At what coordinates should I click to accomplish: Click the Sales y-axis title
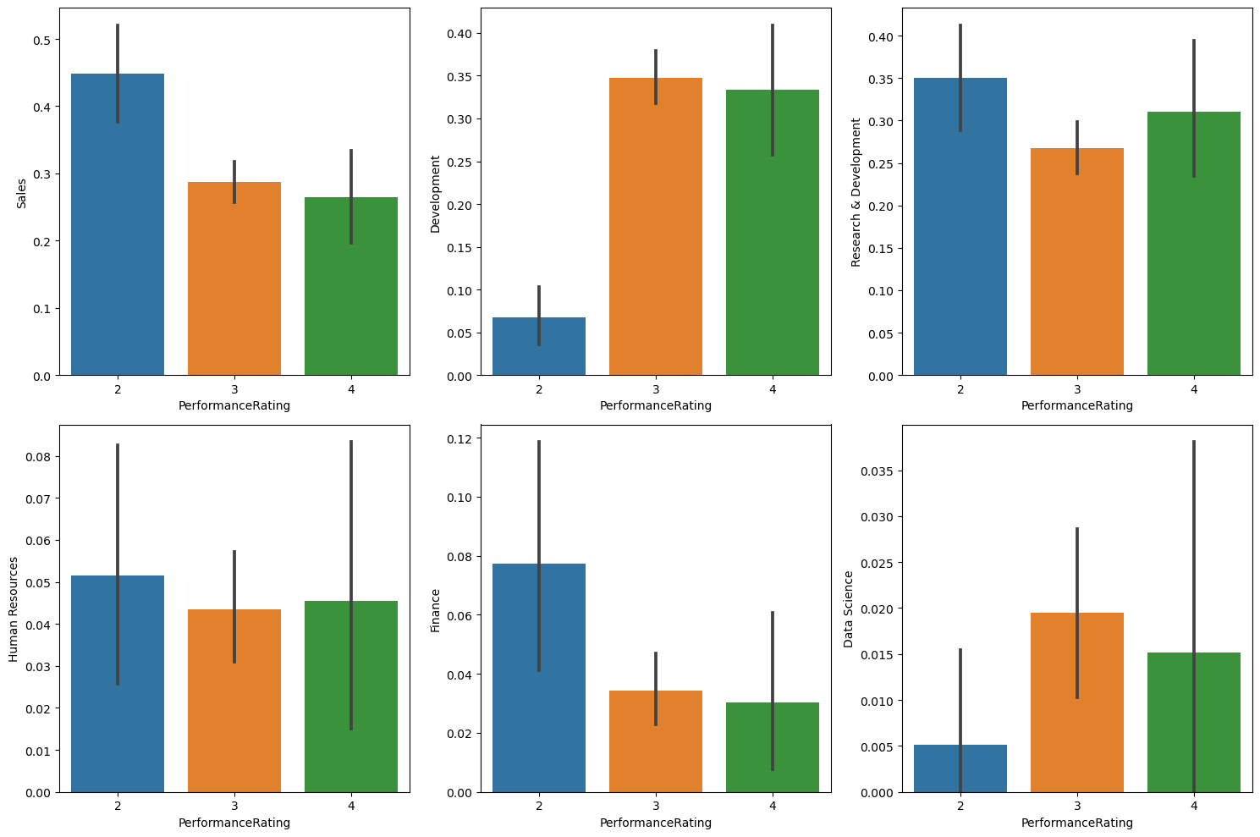(22, 192)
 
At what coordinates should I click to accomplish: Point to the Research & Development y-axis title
(856, 192)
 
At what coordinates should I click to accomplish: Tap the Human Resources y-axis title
(14, 608)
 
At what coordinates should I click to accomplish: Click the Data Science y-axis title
(849, 608)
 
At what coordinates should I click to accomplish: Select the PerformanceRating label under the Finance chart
(656, 823)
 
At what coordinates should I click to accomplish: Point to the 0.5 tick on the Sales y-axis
(42, 40)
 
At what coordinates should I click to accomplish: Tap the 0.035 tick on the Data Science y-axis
(878, 471)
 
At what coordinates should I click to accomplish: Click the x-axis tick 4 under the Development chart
(773, 389)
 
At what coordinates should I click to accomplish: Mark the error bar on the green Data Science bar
(1194, 592)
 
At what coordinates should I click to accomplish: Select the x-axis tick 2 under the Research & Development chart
(960, 389)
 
